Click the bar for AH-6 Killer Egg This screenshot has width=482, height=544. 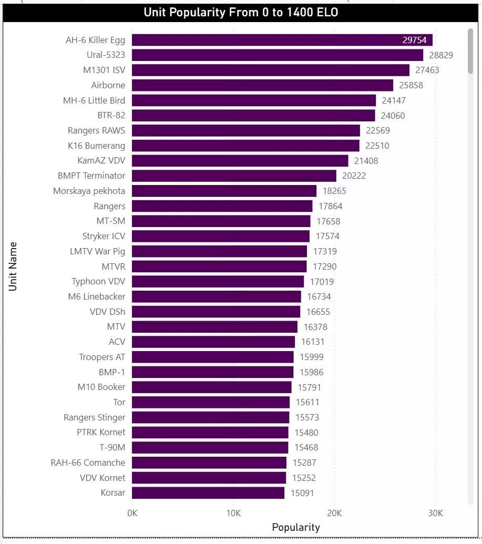pyautogui.click(x=282, y=40)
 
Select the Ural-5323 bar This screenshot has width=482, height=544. pyautogui.click(x=277, y=55)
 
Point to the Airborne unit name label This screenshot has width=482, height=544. pyautogui.click(x=108, y=85)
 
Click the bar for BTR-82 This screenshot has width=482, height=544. pyautogui.click(x=253, y=116)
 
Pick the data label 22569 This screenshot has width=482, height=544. pyautogui.click(x=378, y=130)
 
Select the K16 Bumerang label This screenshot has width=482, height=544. pyautogui.click(x=96, y=146)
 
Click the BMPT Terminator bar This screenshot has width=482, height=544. pyautogui.click(x=234, y=176)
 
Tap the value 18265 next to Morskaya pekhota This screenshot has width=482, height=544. pyautogui.click(x=334, y=191)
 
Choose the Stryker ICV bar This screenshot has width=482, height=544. pyautogui.click(x=221, y=236)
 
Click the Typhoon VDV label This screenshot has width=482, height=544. pyautogui.click(x=98, y=282)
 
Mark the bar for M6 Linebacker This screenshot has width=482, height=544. pyautogui.click(x=216, y=296)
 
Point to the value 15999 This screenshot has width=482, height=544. pyautogui.click(x=312, y=357)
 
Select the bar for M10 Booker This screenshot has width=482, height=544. pyautogui.click(x=211, y=387)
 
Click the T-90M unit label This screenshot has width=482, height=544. pyautogui.click(x=113, y=448)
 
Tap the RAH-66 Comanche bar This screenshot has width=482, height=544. pyautogui.click(x=209, y=463)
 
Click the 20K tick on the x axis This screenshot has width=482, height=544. pyautogui.click(x=334, y=513)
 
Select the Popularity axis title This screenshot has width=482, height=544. pyautogui.click(x=295, y=527)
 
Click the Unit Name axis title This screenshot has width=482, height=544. pyautogui.click(x=13, y=266)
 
